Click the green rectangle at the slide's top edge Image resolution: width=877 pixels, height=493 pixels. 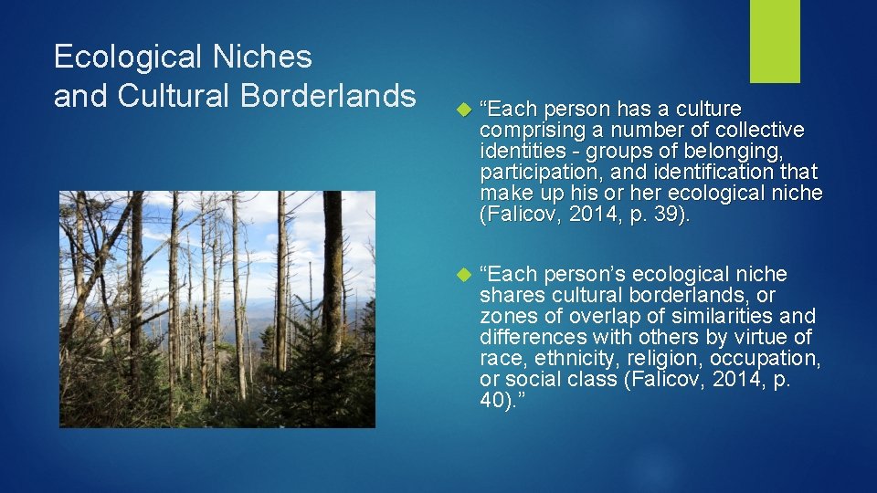click(x=775, y=41)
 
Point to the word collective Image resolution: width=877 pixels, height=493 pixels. click(x=758, y=131)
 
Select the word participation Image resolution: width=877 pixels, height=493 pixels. click(x=535, y=173)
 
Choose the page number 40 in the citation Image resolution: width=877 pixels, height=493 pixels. click(x=493, y=400)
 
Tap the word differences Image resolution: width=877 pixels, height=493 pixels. click(x=531, y=338)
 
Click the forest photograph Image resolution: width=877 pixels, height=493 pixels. click(x=217, y=309)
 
